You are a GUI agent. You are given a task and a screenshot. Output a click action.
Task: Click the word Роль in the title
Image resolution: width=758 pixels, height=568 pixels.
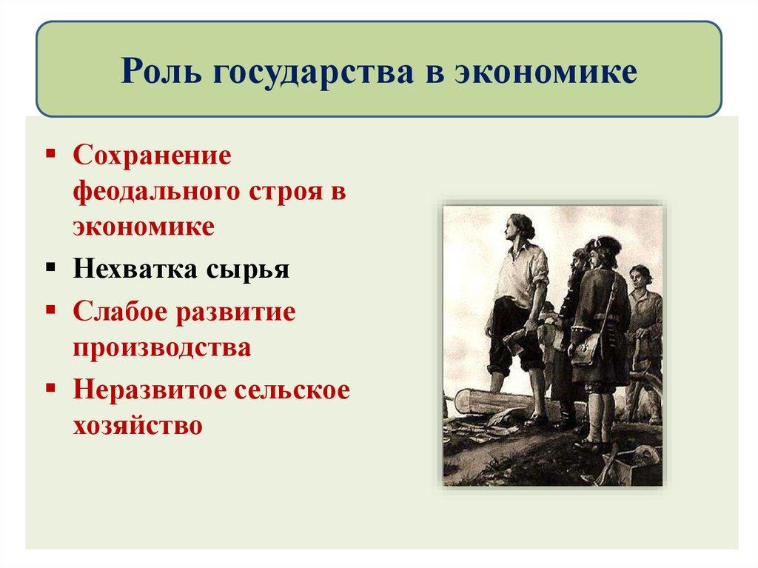(x=163, y=72)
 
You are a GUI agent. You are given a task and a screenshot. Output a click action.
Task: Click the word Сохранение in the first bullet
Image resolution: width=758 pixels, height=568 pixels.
(x=152, y=157)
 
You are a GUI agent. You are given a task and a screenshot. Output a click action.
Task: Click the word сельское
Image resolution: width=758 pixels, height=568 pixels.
(x=296, y=391)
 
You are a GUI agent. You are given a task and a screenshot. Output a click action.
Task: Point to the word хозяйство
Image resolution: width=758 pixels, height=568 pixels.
(x=137, y=426)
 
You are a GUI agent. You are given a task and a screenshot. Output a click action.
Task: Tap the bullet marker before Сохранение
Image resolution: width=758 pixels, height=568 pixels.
(x=50, y=153)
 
